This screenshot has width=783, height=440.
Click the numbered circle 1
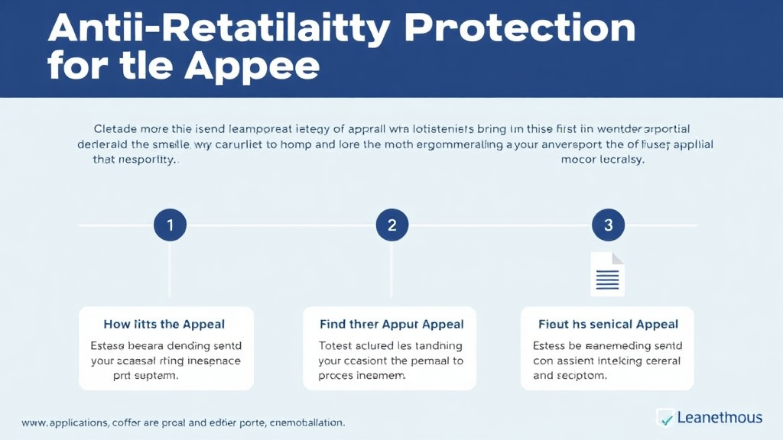(170, 225)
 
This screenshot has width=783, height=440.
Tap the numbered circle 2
(391, 225)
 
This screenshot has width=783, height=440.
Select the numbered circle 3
(609, 225)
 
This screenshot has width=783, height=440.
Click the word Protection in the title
(520, 29)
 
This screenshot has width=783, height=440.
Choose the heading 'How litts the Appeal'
(164, 325)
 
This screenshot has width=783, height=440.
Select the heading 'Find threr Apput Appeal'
(391, 325)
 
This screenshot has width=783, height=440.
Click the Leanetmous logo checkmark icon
(664, 418)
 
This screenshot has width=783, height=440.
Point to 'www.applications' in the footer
(65, 422)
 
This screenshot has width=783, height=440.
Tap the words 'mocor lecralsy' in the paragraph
(603, 160)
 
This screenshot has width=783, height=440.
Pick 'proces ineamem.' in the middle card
(362, 376)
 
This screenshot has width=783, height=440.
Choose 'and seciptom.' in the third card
(571, 376)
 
